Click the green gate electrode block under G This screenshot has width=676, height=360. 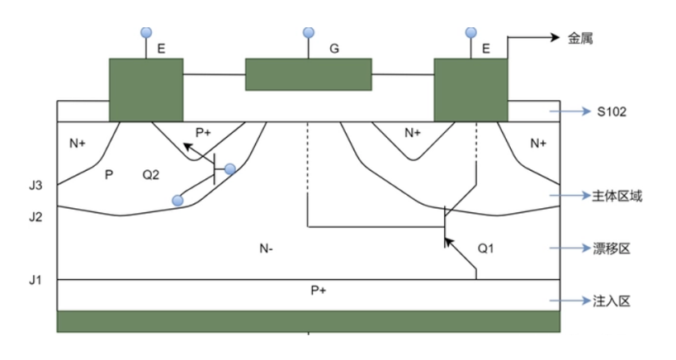click(x=309, y=74)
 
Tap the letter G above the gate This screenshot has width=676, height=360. click(x=334, y=50)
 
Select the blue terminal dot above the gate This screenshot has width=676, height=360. click(x=309, y=32)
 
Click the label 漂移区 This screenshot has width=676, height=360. click(x=612, y=249)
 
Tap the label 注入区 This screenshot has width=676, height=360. click(x=612, y=301)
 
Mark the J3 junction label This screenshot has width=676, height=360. click(x=34, y=185)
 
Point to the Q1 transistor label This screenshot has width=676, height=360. click(x=488, y=247)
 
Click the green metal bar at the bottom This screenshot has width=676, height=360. click(x=308, y=321)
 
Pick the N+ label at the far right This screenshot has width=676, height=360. click(x=538, y=144)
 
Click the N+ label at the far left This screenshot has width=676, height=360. click(x=78, y=144)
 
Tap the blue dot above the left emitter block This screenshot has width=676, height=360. click(x=147, y=32)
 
